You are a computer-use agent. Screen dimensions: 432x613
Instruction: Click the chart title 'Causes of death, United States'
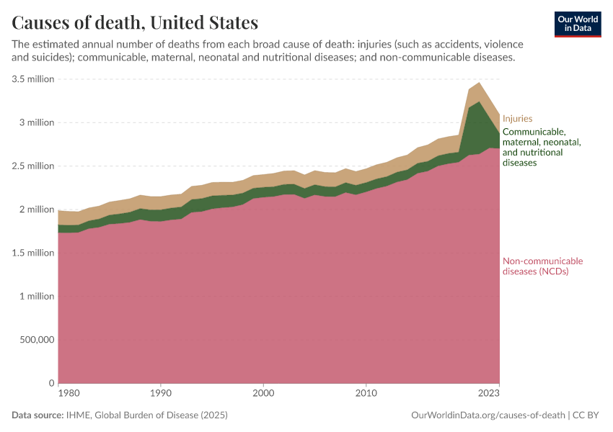coord(135,23)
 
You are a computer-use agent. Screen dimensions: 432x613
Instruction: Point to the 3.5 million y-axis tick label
coord(33,79)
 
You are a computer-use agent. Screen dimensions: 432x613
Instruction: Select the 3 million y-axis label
coord(37,122)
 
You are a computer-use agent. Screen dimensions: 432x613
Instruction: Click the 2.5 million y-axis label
coord(33,166)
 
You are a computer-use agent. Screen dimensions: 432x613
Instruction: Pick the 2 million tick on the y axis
coord(37,210)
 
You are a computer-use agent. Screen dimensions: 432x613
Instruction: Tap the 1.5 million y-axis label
coord(33,253)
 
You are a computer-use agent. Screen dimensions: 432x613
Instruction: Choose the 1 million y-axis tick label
coord(37,296)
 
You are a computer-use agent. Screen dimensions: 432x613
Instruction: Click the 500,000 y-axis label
coord(35,340)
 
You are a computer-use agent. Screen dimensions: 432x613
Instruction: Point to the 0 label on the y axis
coord(51,383)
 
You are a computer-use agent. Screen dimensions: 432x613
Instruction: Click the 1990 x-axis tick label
coord(161,394)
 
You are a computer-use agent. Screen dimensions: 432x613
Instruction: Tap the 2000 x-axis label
coord(264,394)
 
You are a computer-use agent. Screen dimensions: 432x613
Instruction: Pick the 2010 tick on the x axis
coord(366,394)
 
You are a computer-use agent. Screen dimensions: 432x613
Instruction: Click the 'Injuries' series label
coord(517,118)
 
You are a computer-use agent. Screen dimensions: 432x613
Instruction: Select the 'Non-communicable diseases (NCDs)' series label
coord(542,266)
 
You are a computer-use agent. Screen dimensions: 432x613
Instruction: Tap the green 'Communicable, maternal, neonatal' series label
coord(541,147)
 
